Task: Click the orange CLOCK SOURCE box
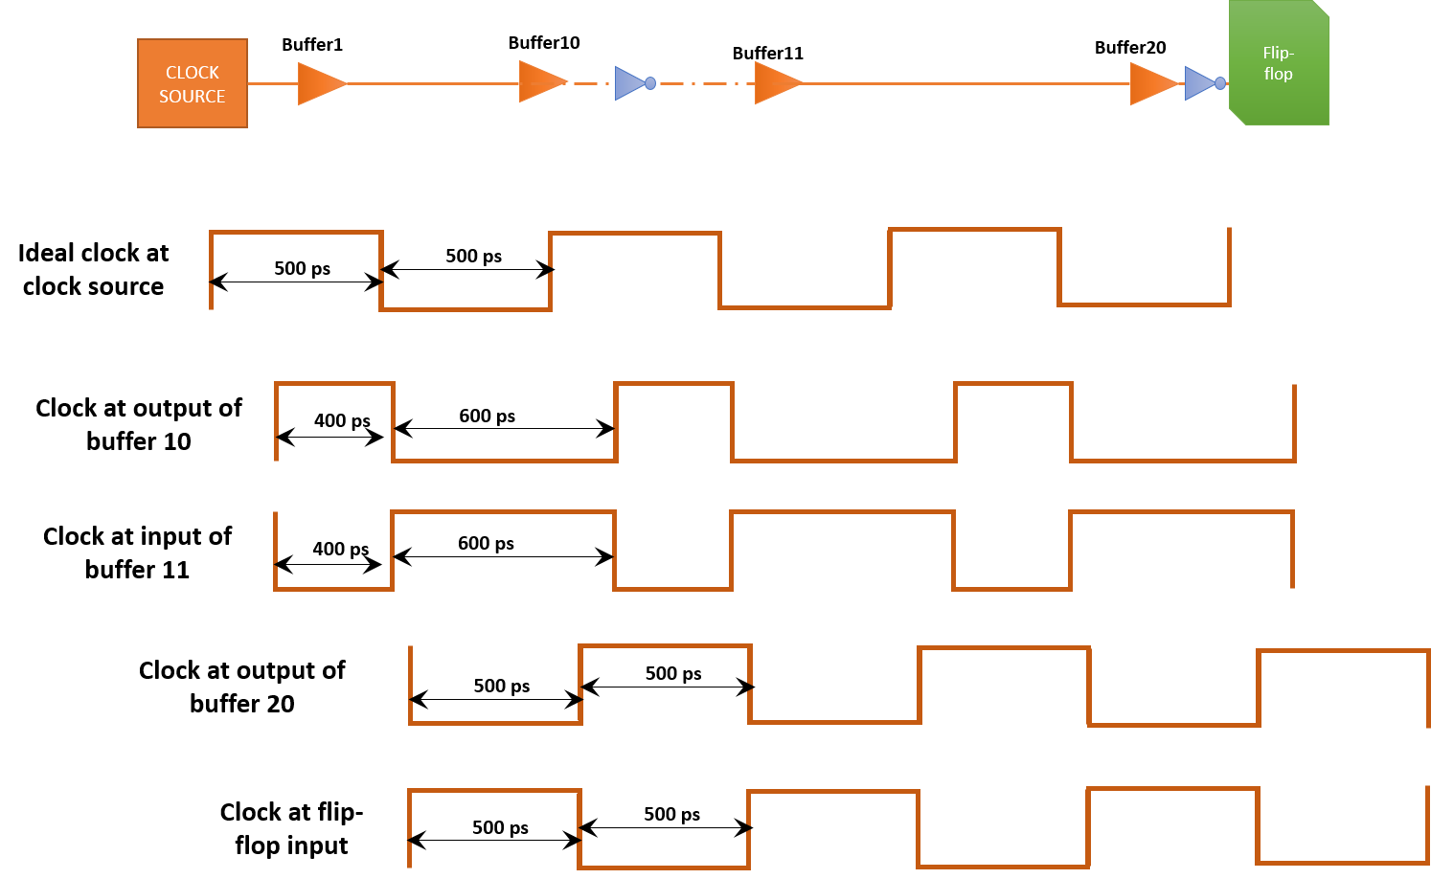193,83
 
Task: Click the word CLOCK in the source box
193,73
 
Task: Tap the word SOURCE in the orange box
193,97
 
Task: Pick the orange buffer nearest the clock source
319,84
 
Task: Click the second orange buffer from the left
540,82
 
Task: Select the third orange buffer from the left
776,83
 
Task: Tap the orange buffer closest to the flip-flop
1151,83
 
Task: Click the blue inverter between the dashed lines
629,83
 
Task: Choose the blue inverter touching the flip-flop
1199,83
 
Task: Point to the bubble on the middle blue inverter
650,83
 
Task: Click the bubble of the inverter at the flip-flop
1220,83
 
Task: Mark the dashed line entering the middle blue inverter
592,84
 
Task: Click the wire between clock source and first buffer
273,84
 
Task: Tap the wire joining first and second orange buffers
431,84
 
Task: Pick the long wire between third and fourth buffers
967,84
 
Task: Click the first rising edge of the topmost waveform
211,270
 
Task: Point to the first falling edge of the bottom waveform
579,829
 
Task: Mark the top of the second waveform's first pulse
334,384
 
